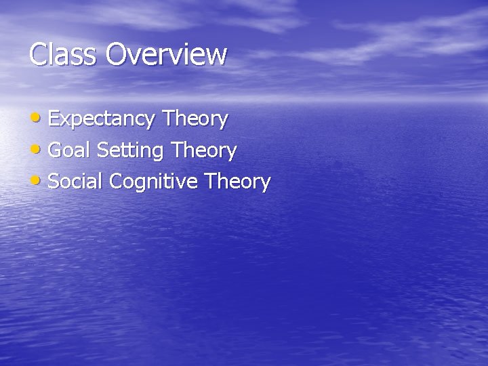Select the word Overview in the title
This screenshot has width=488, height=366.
click(166, 54)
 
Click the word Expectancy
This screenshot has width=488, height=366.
click(102, 120)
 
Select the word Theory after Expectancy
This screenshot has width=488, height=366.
click(195, 120)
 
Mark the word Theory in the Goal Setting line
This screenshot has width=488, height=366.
click(204, 151)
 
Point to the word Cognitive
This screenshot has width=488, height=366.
click(153, 182)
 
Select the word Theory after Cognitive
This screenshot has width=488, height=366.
click(238, 182)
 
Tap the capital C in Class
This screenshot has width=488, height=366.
click(38, 54)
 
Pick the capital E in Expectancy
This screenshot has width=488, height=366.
click(54, 119)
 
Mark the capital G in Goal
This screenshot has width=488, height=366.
click(56, 150)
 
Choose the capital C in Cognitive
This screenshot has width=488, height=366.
click(115, 181)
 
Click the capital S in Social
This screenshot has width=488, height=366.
click(55, 181)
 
